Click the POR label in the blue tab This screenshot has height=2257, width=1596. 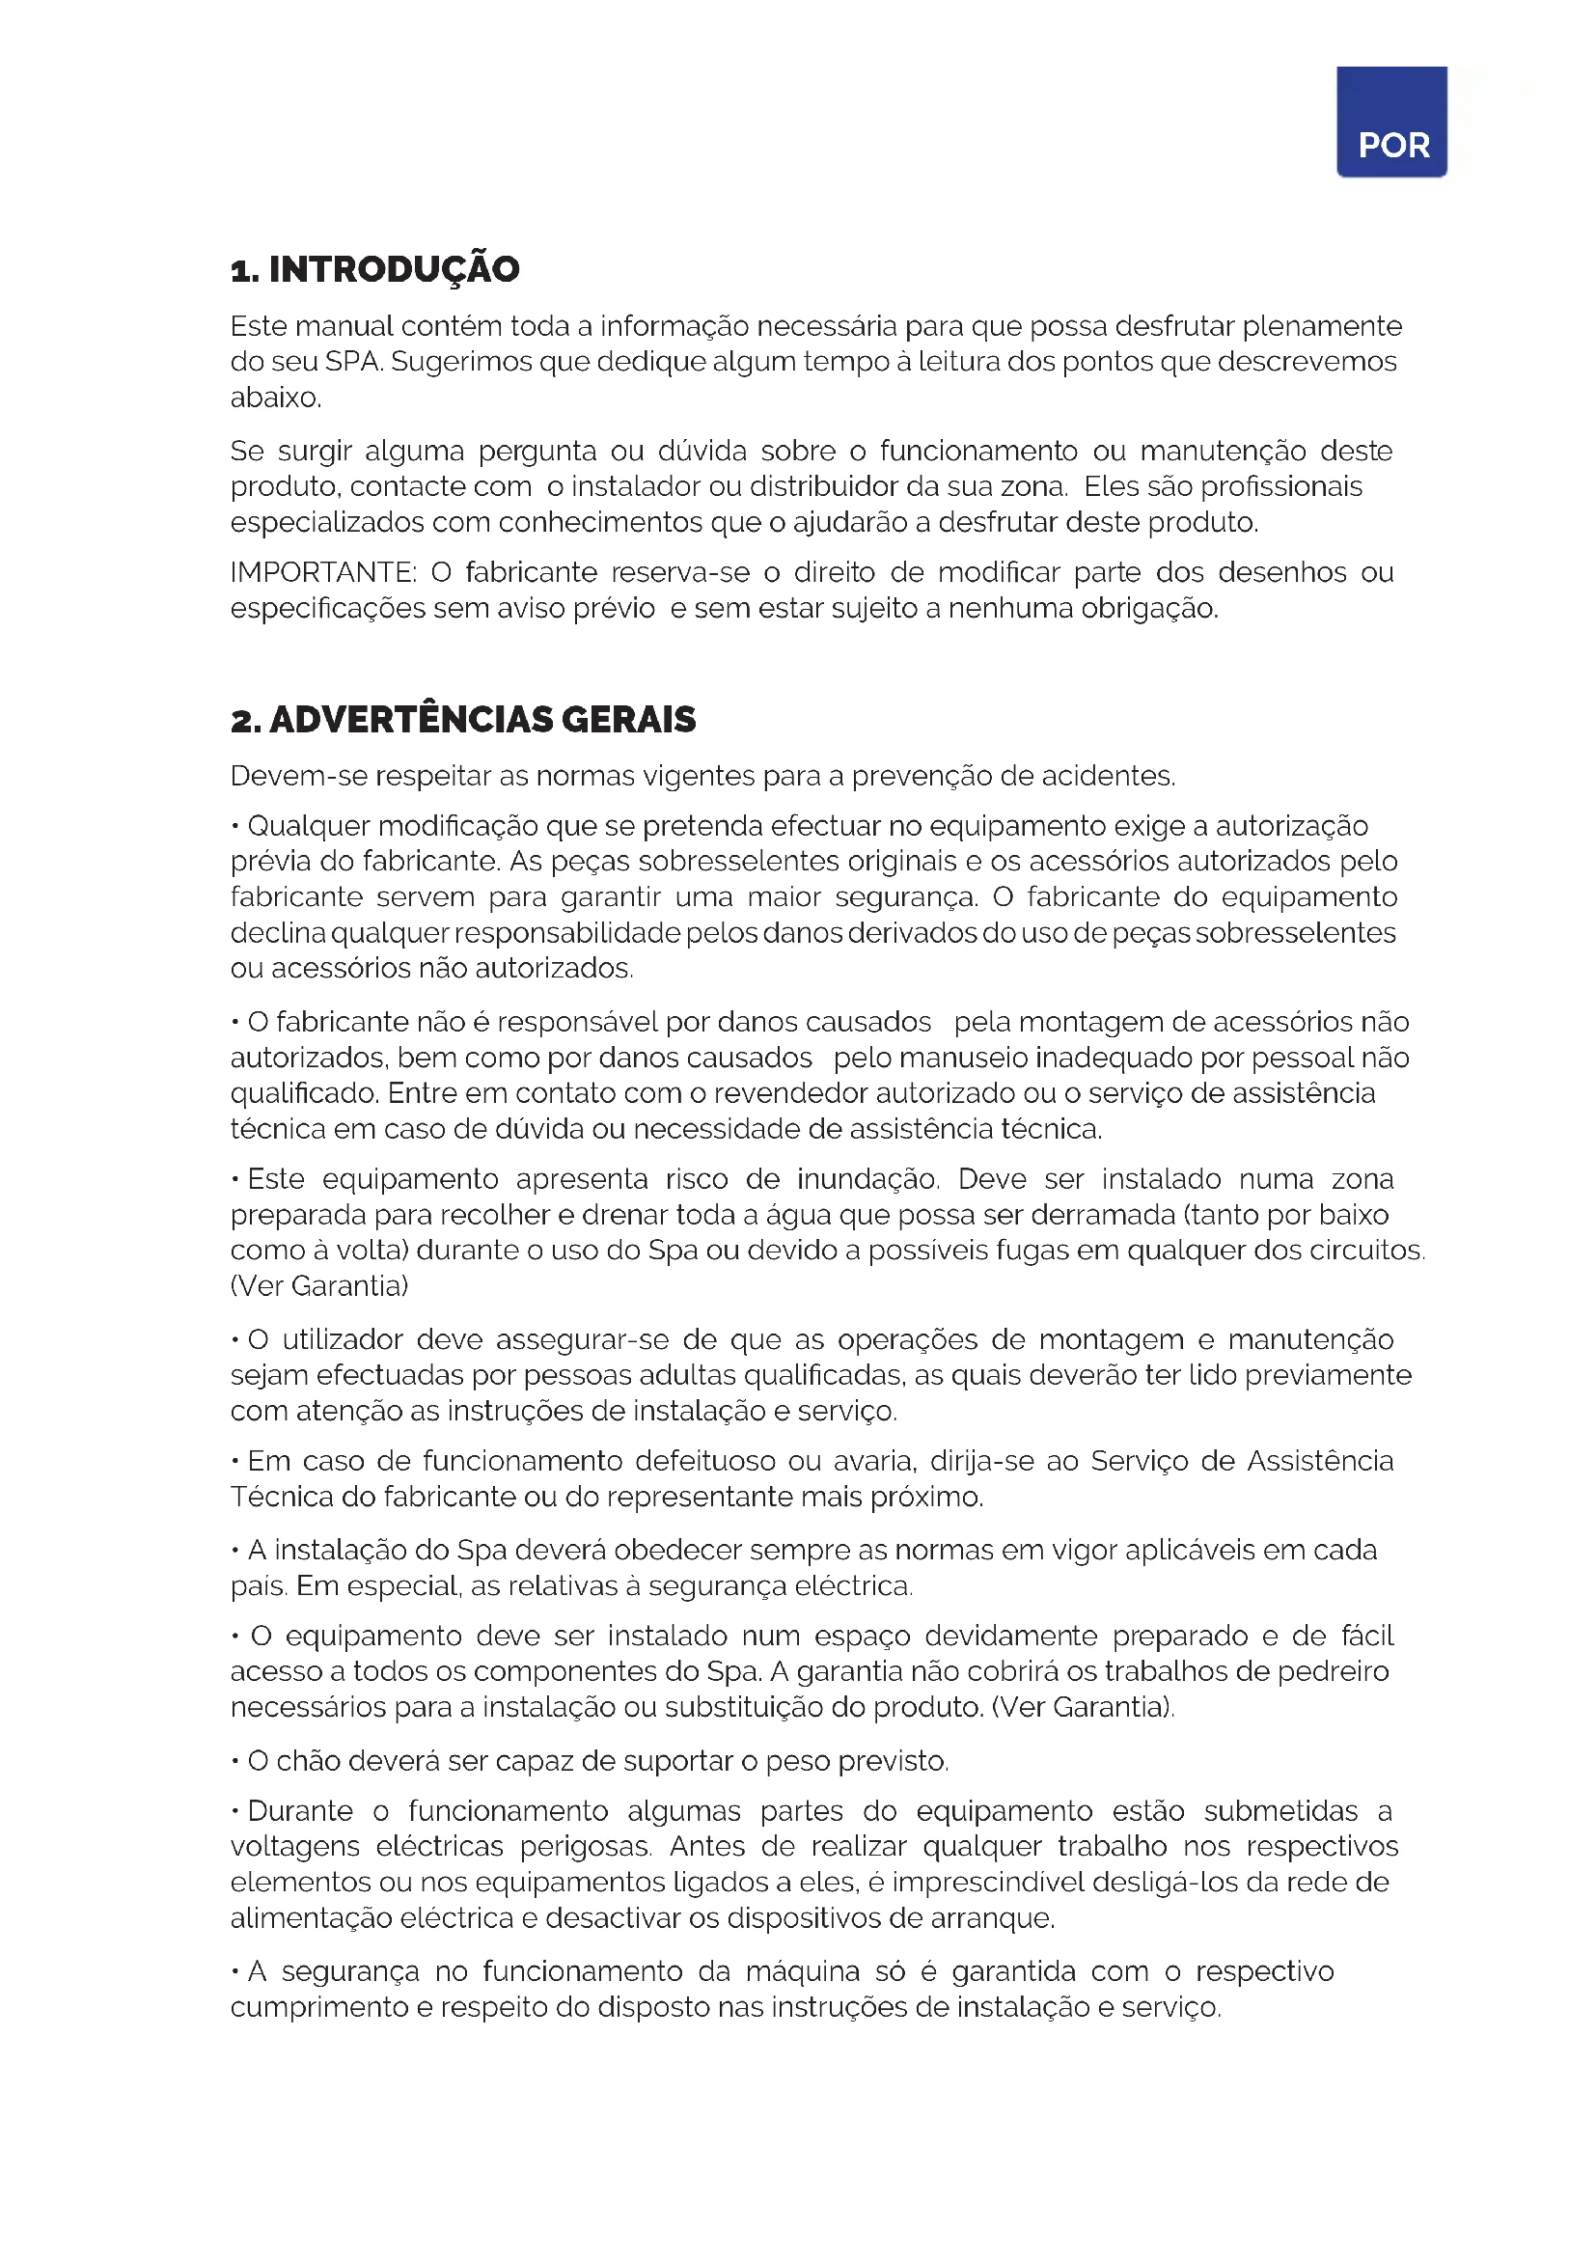point(1392,146)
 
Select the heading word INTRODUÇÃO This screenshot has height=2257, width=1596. point(394,269)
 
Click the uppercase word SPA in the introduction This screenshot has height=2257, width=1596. point(353,362)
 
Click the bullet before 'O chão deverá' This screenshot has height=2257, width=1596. point(234,1761)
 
